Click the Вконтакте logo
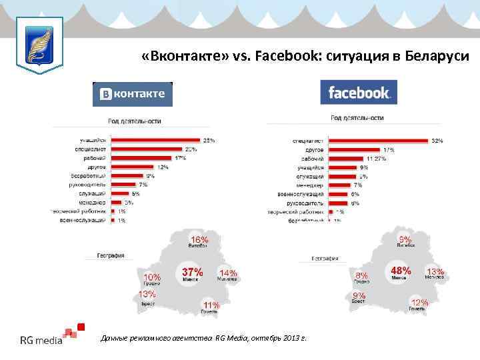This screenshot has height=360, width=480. pos(132,94)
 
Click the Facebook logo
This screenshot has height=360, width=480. pos(359,93)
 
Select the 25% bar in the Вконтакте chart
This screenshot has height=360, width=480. pos(156,140)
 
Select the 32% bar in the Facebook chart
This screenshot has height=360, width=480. pos(378,141)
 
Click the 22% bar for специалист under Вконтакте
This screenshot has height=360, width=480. pos(147,149)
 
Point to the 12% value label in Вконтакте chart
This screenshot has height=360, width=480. pos(163,167)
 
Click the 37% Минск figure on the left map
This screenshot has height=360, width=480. pos(192,272)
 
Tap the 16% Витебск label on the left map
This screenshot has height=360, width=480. pos(199,239)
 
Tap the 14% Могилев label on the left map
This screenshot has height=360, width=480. pos(229,273)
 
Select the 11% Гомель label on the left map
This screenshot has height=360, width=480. pos(211,305)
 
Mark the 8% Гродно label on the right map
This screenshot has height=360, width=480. pos(362,275)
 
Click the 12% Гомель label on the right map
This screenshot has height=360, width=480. pos(419,302)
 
